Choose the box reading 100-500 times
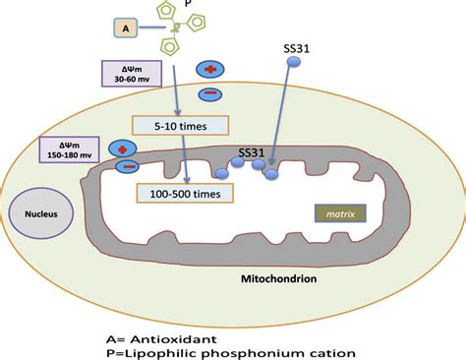tap(186, 191)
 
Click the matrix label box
tap(340, 211)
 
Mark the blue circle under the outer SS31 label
tap(293, 63)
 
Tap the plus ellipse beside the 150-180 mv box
tap(124, 148)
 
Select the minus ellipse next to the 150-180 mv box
tap(127, 167)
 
